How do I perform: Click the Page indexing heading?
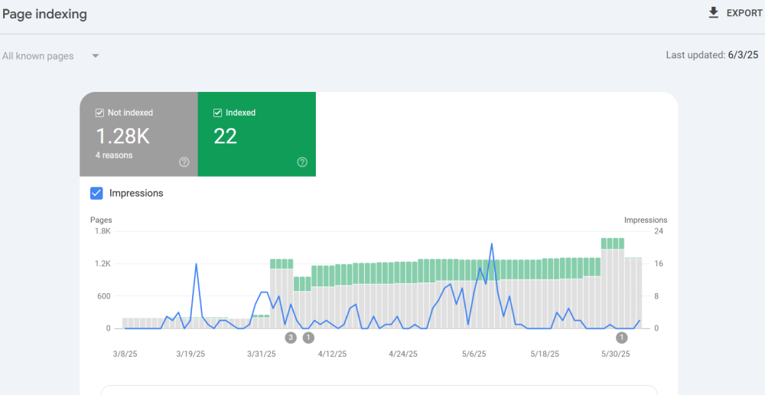(44, 15)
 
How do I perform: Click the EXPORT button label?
(744, 13)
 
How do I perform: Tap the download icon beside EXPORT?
(714, 13)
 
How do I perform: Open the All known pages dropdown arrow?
(96, 56)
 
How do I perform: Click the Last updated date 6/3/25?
(742, 55)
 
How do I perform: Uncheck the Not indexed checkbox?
(99, 113)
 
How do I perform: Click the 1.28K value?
(122, 136)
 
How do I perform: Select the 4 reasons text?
(114, 155)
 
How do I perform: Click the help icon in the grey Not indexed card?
(184, 162)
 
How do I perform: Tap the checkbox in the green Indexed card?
(217, 113)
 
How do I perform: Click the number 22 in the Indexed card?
(226, 136)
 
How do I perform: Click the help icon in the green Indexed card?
(301, 162)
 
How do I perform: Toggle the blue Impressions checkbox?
(96, 193)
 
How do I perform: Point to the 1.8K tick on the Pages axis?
(103, 231)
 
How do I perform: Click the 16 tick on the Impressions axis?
(658, 264)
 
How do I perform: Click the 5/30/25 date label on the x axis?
(615, 354)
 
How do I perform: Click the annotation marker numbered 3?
(291, 338)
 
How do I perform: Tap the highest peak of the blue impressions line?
(491, 244)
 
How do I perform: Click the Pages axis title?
(101, 220)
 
